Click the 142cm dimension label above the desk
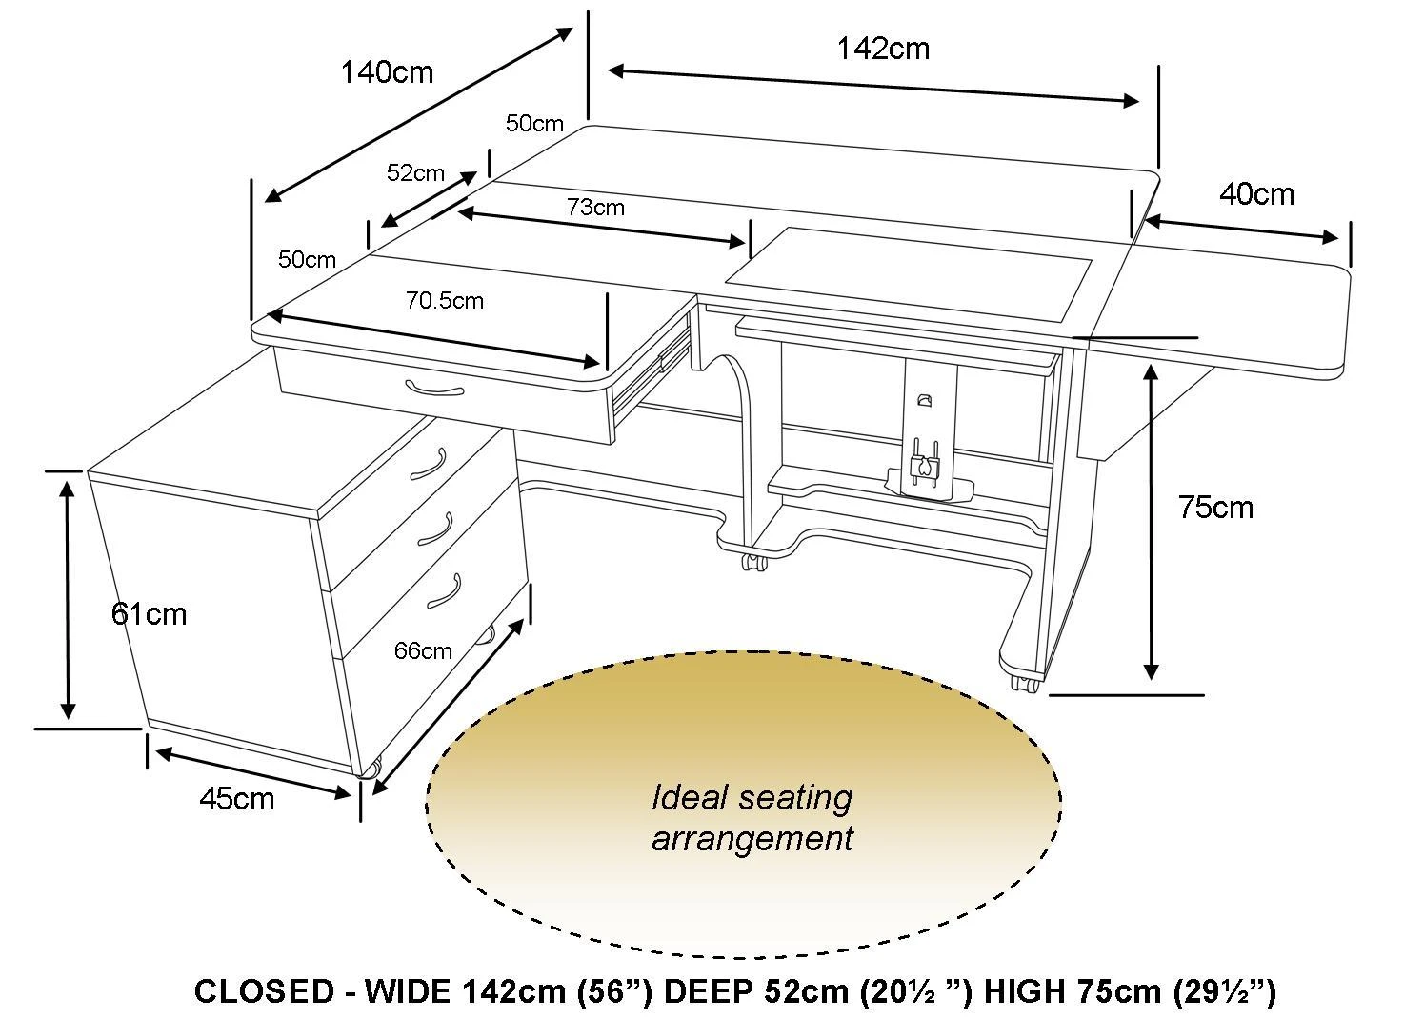[884, 49]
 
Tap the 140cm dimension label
[387, 72]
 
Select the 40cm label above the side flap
[1256, 194]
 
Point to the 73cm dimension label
[595, 208]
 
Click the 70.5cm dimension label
[445, 300]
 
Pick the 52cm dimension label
[415, 173]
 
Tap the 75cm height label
[1216, 508]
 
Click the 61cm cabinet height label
[149, 614]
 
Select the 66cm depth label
[423, 651]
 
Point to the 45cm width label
[237, 799]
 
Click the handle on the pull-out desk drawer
[434, 389]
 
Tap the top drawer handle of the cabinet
[430, 465]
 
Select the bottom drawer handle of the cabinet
[443, 591]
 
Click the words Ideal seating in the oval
[752, 799]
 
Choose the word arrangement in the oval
[752, 838]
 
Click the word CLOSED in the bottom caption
[264, 991]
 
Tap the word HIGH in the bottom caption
[1024, 991]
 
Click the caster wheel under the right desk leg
[1024, 684]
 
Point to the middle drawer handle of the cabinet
[435, 529]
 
